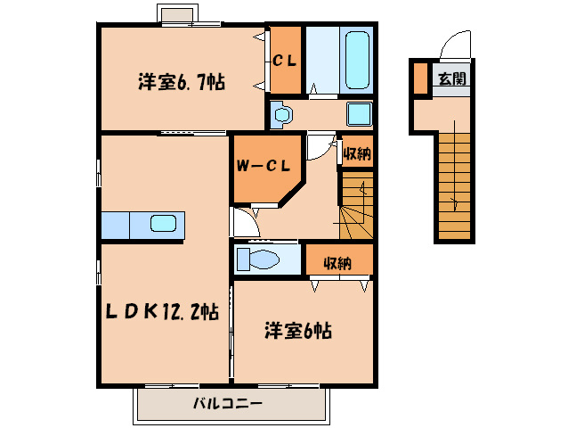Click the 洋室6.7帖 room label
(x=181, y=83)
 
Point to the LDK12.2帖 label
(x=160, y=311)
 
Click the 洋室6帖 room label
(x=297, y=331)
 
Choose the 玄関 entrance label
(x=450, y=78)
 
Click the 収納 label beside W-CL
(x=357, y=153)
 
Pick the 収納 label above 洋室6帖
(x=337, y=262)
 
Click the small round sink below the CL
(x=282, y=114)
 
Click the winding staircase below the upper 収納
(x=357, y=205)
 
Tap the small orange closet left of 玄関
(x=419, y=78)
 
